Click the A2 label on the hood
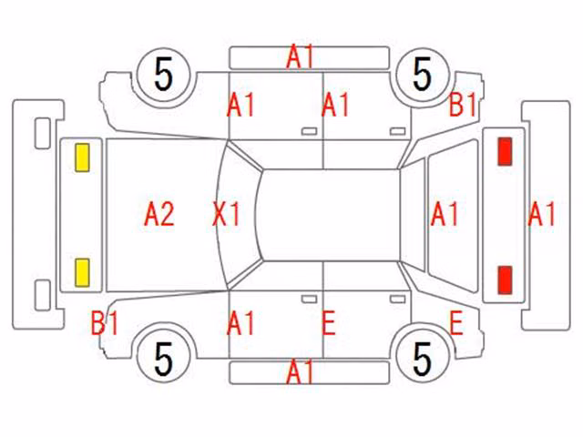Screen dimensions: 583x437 point(159,214)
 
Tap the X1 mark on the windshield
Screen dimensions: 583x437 point(226,214)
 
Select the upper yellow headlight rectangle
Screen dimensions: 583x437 point(82,158)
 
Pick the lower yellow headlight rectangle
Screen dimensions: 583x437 point(82,273)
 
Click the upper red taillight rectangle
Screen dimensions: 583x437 point(505,151)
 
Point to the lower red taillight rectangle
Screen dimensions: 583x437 point(505,280)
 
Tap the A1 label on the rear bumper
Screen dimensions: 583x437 point(542,214)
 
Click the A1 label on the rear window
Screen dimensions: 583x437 point(445,214)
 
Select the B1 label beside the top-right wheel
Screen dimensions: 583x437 point(463,105)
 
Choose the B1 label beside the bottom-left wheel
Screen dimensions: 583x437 point(105,322)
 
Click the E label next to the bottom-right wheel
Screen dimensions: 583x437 point(456,322)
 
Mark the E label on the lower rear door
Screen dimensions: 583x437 point(329,322)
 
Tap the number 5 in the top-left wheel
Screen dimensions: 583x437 point(164,75)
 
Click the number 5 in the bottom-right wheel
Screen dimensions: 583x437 point(423,359)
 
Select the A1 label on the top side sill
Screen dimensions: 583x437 point(301,56)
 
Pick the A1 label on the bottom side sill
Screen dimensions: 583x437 point(301,371)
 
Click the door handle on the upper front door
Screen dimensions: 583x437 point(310,131)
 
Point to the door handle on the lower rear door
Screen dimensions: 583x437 point(397,299)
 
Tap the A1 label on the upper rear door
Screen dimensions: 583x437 point(335,105)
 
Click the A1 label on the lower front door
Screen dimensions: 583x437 point(240,322)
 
